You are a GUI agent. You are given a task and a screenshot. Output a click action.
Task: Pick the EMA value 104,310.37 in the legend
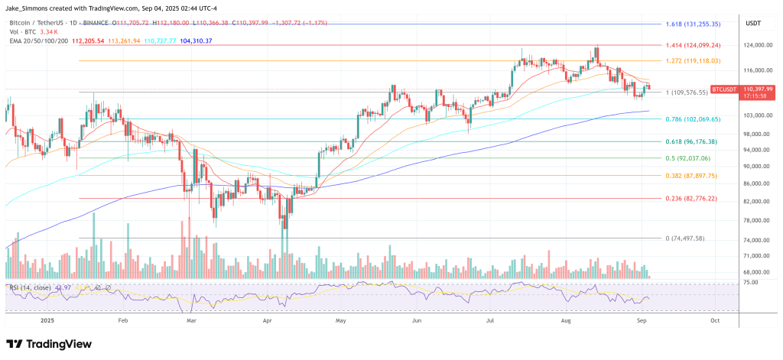191,41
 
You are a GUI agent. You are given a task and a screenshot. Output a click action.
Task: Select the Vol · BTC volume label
22,32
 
